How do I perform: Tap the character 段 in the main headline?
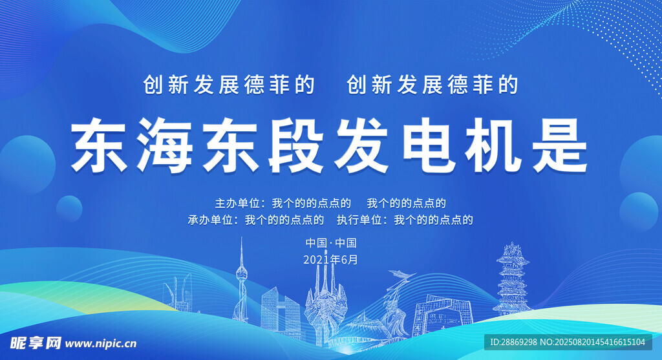tap(296, 145)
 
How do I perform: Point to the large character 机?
tap(495, 145)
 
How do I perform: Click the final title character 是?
tap(560, 145)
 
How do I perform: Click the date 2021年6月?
tap(330, 260)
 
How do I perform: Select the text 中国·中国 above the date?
tap(331, 243)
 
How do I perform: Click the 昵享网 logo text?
tap(36, 343)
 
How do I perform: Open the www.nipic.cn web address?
tap(101, 344)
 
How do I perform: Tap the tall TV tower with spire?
tap(241, 281)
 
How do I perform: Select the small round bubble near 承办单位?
tap(69, 209)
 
